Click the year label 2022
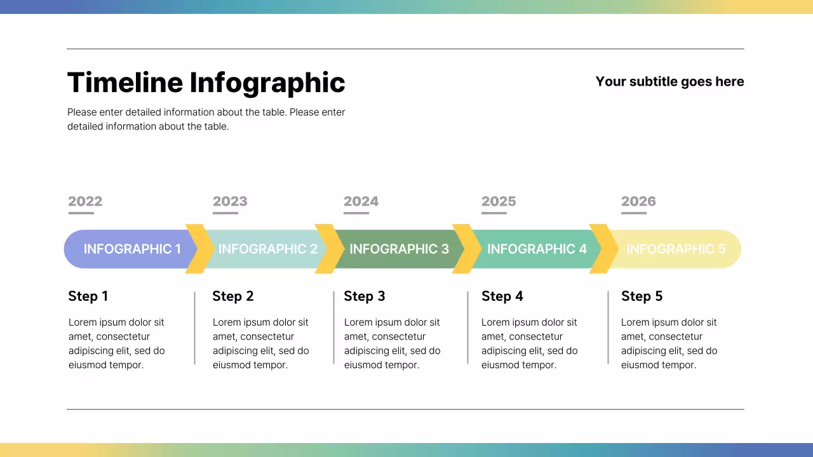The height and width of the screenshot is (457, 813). [85, 201]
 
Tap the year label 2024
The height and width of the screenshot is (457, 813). [361, 201]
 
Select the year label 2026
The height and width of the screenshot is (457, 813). [638, 201]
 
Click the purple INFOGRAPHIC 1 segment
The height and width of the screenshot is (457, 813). [127, 249]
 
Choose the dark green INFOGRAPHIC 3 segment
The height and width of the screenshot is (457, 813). [399, 249]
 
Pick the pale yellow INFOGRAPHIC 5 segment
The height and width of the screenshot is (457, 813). [676, 249]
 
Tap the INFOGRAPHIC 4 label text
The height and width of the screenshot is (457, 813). [537, 249]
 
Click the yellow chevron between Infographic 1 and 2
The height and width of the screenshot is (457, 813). [199, 249]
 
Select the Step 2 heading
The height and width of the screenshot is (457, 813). [232, 296]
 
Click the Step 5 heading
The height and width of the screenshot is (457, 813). [642, 296]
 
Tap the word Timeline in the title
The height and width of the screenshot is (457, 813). [124, 83]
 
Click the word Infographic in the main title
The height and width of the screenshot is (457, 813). [267, 83]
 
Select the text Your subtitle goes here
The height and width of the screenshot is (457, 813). [669, 82]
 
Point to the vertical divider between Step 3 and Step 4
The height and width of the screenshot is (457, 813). [468, 328]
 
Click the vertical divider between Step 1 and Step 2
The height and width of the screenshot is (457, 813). [194, 328]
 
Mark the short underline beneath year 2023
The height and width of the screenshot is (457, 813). [225, 213]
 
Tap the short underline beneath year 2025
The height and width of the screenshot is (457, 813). [494, 213]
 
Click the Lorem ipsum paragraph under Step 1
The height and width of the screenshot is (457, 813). [116, 343]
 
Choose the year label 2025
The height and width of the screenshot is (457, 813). [499, 201]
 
